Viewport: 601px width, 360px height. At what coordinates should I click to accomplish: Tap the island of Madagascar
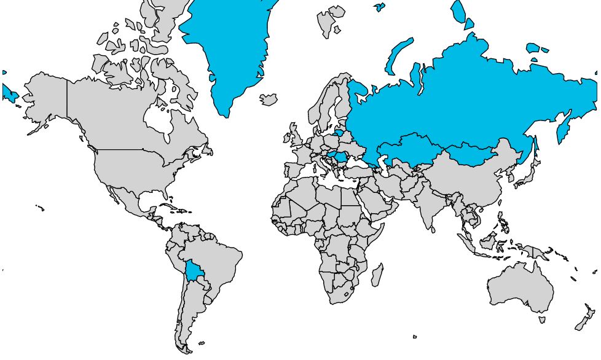tap(377, 275)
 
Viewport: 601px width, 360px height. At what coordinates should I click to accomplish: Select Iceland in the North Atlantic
tap(269, 99)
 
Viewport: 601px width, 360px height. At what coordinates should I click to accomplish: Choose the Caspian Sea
tap(386, 164)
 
